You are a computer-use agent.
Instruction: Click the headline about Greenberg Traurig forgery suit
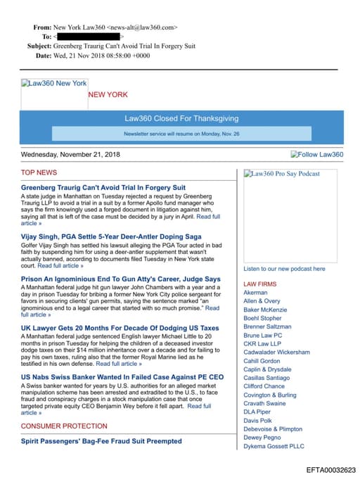point(103,188)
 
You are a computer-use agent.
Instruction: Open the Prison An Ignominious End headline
point(120,279)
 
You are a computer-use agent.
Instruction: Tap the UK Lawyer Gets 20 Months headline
point(120,328)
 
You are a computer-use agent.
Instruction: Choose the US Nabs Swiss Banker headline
point(122,377)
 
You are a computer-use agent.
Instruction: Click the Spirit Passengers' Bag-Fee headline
point(101,441)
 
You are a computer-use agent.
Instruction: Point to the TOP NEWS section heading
point(39,172)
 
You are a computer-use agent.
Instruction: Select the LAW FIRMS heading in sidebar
point(259,284)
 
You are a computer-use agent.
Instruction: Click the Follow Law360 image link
point(316,155)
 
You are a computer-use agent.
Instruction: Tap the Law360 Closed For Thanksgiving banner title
point(181,119)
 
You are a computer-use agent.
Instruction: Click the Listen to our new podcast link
point(284,269)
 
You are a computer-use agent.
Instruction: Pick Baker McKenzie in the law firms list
point(265,310)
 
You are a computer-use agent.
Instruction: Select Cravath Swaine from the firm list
point(264,404)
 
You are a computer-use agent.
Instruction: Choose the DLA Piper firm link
point(257,412)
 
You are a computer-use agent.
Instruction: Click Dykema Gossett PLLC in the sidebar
point(274,446)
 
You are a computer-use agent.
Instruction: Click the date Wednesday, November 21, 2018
point(70,155)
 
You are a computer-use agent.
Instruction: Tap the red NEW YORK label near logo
point(108,95)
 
